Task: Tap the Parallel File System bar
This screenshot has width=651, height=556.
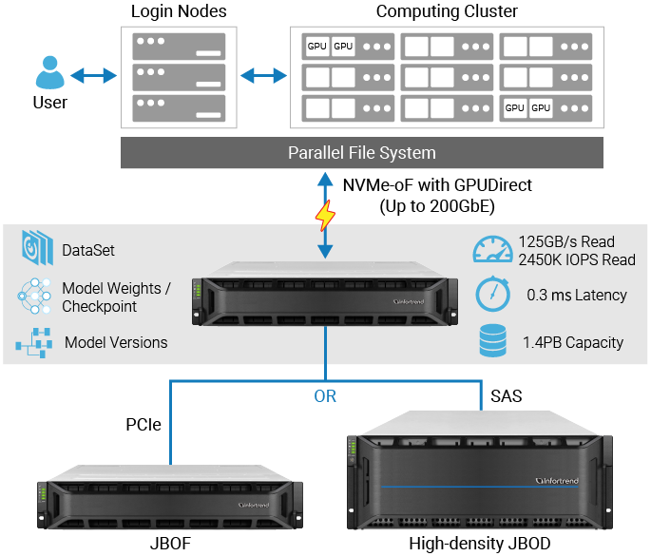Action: click(x=361, y=153)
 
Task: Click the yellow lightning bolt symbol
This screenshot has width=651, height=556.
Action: click(x=325, y=216)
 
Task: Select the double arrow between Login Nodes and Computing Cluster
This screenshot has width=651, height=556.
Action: click(x=261, y=74)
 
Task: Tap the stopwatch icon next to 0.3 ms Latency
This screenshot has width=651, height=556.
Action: click(x=490, y=296)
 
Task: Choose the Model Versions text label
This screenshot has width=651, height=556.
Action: click(x=115, y=343)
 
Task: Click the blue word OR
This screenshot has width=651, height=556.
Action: click(x=325, y=396)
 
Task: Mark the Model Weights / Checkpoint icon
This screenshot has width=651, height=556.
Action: click(x=34, y=297)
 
